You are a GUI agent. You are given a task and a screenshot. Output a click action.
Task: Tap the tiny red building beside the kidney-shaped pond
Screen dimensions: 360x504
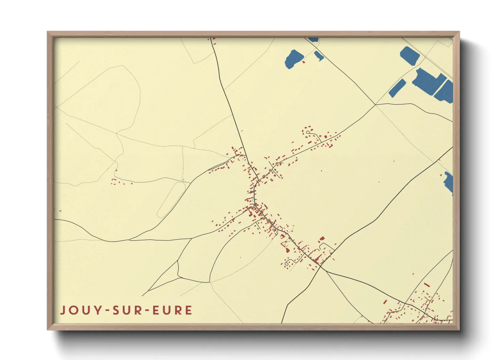coord(303,62)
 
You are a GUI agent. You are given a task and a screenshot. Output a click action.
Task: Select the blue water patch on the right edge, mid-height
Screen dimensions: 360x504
coord(449,182)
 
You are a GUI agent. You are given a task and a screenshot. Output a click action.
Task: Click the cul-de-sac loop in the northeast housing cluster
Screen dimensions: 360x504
coord(308,132)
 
